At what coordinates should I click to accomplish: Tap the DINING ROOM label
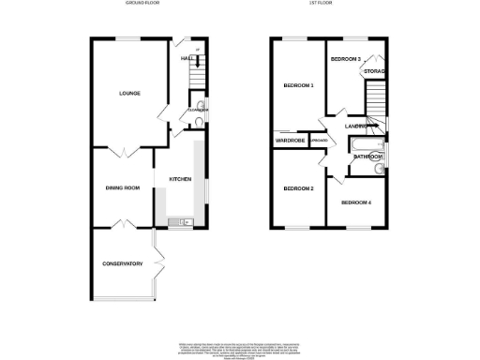pos(122,187)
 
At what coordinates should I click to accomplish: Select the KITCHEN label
pos(179,178)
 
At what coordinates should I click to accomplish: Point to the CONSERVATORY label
pos(122,263)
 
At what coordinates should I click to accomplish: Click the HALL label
pos(186,59)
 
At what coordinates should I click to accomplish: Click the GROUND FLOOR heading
pos(143,4)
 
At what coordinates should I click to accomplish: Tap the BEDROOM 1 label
pos(298,85)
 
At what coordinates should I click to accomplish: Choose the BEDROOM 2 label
pos(298,188)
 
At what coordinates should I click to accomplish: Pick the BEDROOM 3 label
pos(346,58)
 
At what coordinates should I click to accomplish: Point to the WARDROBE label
pos(290,142)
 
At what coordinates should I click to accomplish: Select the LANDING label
pos(354,126)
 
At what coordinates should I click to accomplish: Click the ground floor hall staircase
pos(197,60)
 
